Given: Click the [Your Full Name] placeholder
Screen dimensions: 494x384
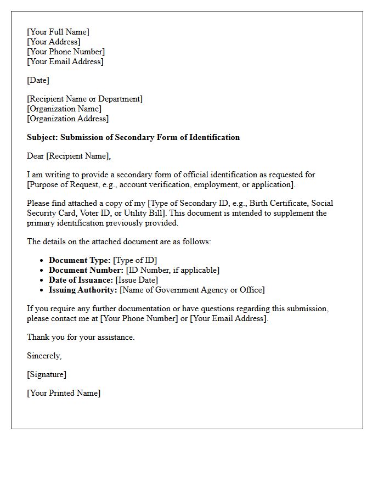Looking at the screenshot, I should coord(58,32).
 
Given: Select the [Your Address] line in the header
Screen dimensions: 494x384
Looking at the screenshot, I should coord(53,42).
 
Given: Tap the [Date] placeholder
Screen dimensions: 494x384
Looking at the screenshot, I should coord(38,80).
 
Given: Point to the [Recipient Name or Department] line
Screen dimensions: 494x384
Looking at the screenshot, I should coord(84,99).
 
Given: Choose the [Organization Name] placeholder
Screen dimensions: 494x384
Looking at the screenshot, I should coord(64,109).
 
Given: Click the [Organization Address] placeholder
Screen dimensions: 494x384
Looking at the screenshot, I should coord(67,119).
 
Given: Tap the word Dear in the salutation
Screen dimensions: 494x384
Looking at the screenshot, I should coord(35,156).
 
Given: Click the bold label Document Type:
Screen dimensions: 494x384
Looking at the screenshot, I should coord(80,260).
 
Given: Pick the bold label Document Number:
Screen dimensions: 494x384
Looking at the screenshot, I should coord(86,270).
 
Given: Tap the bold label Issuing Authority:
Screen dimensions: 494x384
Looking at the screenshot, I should coord(83,290).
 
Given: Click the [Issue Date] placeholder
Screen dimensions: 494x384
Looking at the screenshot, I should coord(137,280).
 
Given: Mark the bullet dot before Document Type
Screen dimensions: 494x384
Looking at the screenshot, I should coord(42,261).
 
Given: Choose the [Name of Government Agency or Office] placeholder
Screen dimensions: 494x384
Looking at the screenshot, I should coord(192,290).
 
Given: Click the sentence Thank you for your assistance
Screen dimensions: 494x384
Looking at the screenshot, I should coord(81,337).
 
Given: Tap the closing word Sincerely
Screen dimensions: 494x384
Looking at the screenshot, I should coord(44,356).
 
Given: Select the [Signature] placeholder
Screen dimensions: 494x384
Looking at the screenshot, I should coord(47,374).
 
